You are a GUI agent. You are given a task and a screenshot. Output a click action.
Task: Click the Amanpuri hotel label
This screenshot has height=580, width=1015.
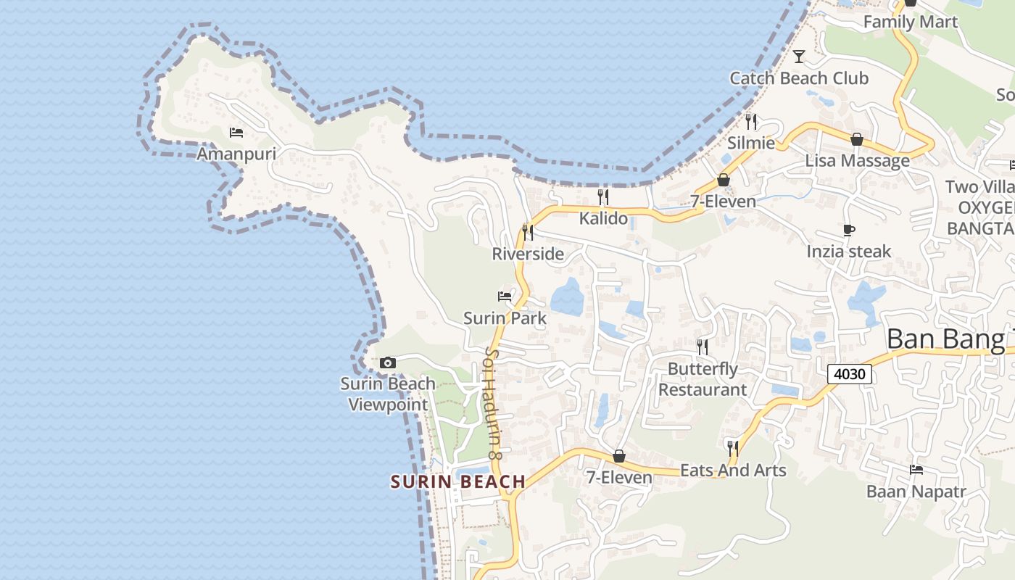click(x=236, y=154)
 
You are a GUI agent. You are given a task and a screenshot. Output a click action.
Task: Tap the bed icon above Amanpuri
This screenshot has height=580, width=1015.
click(x=236, y=133)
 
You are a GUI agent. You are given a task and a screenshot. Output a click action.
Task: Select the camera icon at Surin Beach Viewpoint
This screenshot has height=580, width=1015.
click(x=388, y=362)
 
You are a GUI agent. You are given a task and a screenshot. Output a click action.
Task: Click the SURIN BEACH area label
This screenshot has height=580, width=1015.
click(x=457, y=481)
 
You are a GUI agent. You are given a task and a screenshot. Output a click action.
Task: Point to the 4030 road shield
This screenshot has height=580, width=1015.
click(x=850, y=374)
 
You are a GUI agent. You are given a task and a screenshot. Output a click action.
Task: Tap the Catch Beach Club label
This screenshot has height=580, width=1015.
click(x=799, y=78)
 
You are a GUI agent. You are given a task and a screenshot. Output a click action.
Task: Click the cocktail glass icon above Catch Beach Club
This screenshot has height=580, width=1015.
click(x=799, y=57)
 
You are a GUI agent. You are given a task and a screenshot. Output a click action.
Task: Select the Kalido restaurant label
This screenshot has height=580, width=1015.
click(x=603, y=217)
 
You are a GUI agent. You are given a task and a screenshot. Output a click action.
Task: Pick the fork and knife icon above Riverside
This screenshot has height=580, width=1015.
click(x=528, y=232)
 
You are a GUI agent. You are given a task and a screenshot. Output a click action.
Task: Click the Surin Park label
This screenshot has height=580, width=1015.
click(x=505, y=318)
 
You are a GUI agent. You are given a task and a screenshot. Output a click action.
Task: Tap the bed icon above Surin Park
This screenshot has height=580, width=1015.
click(x=505, y=297)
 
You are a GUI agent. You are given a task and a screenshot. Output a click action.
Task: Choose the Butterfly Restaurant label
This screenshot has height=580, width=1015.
click(x=702, y=379)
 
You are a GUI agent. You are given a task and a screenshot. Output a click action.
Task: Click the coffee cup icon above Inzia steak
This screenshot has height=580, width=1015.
click(x=849, y=231)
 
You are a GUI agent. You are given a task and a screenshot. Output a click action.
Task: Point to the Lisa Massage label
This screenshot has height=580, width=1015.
click(x=857, y=160)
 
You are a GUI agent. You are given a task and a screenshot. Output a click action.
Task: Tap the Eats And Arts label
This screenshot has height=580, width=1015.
click(x=733, y=471)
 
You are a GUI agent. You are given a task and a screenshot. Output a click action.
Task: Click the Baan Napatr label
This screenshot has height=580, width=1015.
click(x=916, y=492)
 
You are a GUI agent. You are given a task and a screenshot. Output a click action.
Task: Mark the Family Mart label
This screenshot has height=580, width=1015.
click(x=911, y=22)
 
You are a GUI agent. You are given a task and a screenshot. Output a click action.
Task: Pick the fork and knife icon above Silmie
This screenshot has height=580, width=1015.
click(x=751, y=122)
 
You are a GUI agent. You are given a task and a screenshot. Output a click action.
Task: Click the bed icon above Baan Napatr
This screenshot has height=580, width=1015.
click(x=916, y=470)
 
